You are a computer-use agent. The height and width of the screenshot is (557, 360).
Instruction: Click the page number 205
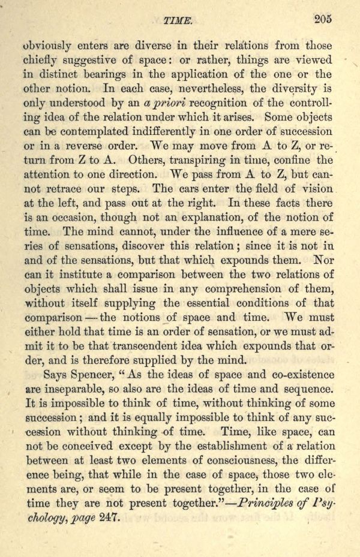(323, 18)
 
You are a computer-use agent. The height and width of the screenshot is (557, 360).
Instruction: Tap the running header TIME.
(177, 21)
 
